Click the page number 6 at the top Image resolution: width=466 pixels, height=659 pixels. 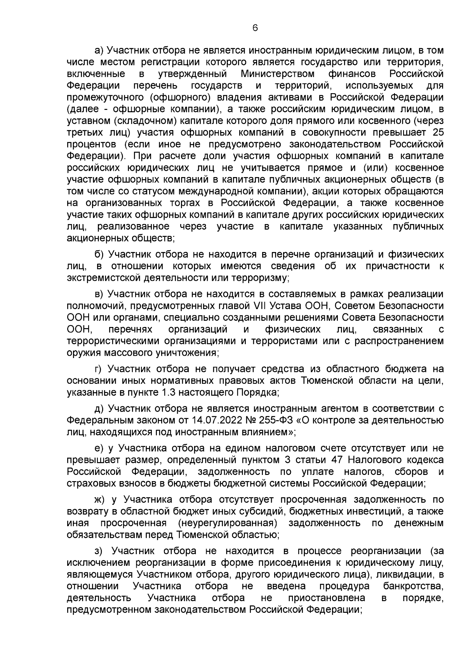pos(255,28)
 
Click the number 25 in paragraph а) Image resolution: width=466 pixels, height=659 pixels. pos(438,132)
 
